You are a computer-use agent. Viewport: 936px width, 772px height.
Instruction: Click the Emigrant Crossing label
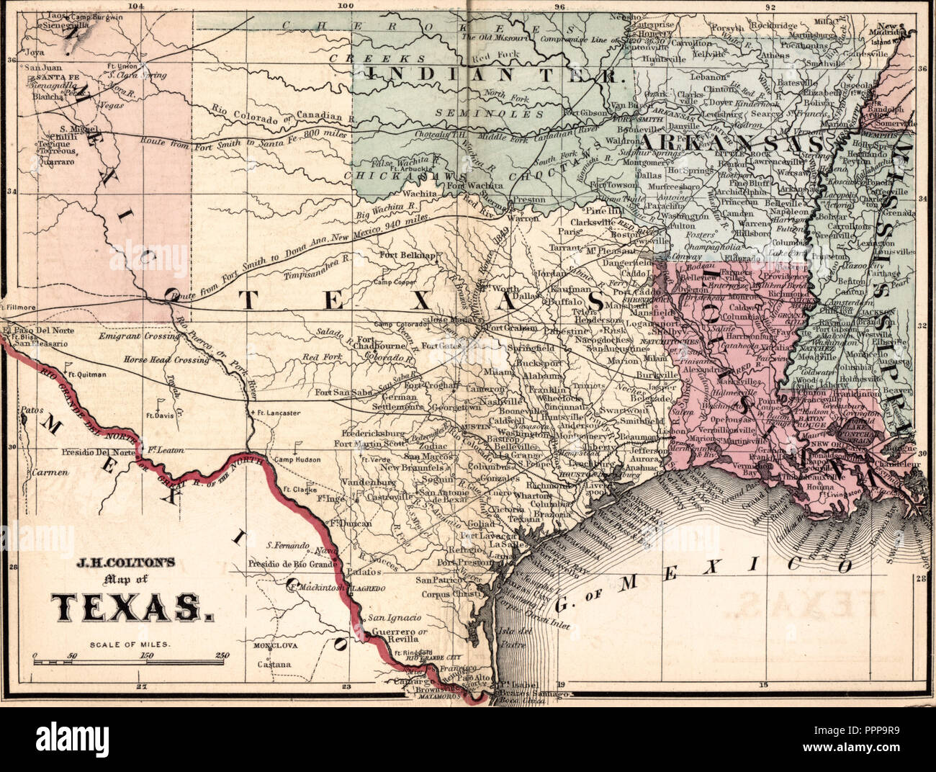click(x=139, y=336)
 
